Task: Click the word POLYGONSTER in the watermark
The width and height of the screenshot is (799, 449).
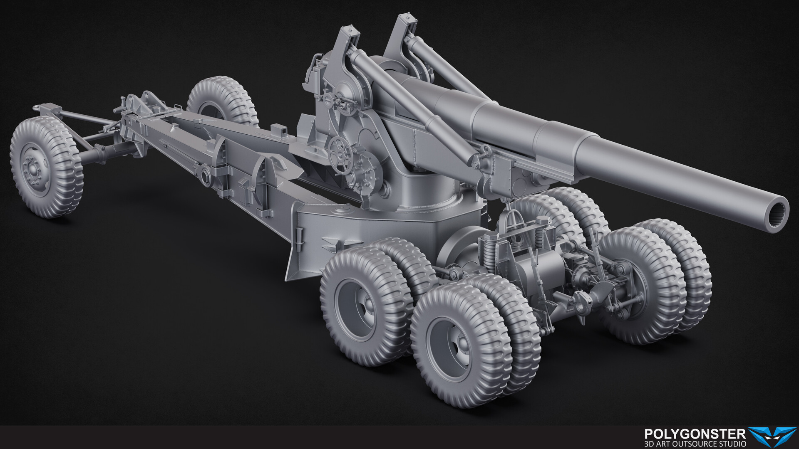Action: pyautogui.click(x=695, y=434)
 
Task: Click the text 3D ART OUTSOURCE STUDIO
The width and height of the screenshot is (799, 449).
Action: pyautogui.click(x=695, y=444)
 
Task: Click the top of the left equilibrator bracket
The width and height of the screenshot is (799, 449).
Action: pyautogui.click(x=348, y=31)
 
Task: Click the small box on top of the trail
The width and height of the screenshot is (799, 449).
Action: pyautogui.click(x=279, y=131)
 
